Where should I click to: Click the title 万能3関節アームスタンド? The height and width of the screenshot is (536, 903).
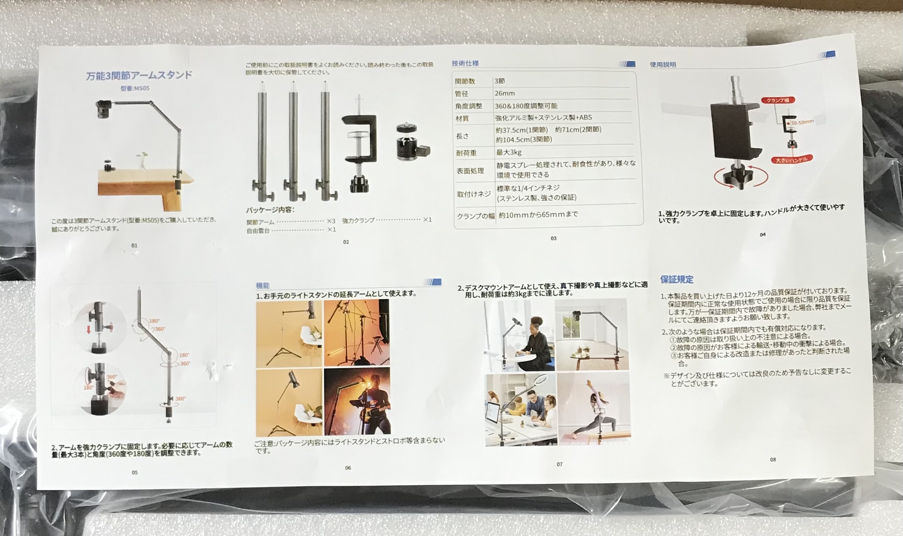(x=139, y=75)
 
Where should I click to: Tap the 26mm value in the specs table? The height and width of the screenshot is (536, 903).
(x=505, y=93)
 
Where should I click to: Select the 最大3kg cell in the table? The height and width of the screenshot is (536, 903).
(x=509, y=152)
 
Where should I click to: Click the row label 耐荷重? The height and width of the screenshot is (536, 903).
(x=466, y=153)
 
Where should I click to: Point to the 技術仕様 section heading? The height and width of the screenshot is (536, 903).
(x=465, y=63)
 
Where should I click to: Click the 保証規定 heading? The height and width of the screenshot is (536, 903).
(x=677, y=279)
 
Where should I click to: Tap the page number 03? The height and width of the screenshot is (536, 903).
(x=553, y=238)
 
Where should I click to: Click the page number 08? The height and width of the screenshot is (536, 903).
(x=773, y=460)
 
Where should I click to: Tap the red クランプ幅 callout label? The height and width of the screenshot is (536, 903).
(x=778, y=100)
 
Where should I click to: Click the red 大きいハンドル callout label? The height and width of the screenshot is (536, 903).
(x=791, y=159)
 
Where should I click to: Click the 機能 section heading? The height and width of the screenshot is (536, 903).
(x=263, y=286)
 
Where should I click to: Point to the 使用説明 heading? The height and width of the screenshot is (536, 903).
(x=663, y=65)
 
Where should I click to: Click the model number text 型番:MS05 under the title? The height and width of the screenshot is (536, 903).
(x=135, y=88)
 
